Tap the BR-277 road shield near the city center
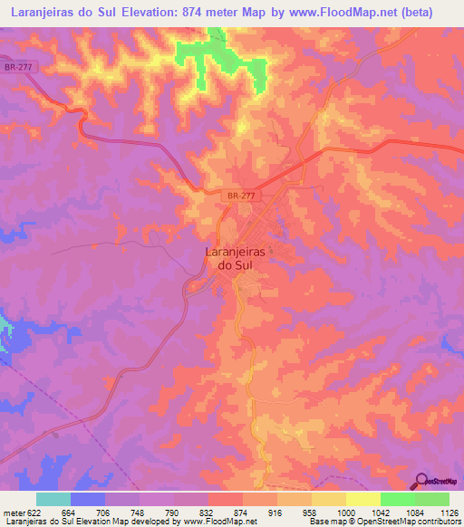click(240, 196)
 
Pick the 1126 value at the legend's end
click(448, 512)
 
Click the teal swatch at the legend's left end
click(53, 499)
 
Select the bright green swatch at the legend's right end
click(431, 499)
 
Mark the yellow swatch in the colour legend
click(362, 499)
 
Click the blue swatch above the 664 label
click(88, 499)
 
